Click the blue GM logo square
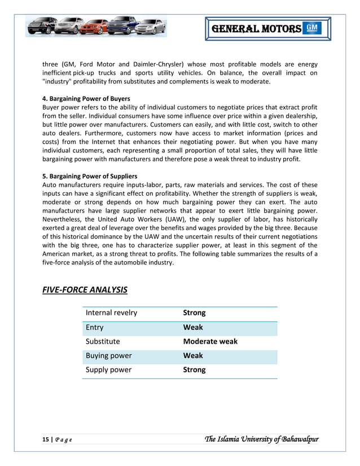(x=312, y=28)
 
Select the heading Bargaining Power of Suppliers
(x=90, y=176)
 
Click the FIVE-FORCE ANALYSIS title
(x=85, y=291)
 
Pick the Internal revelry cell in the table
(x=111, y=313)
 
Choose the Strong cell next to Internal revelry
(x=194, y=313)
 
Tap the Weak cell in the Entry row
(x=193, y=327)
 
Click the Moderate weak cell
(x=210, y=341)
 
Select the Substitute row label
(x=103, y=341)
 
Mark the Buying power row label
(x=108, y=355)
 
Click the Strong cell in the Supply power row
(x=194, y=370)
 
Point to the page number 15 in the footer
(x=46, y=439)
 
